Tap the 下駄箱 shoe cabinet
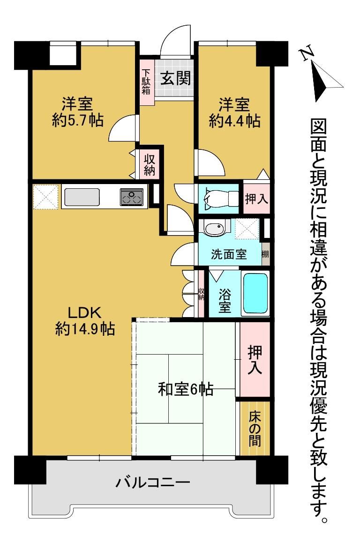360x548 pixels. tap(147, 82)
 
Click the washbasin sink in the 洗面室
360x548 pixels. tap(214, 229)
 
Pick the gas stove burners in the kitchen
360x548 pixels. tap(132, 197)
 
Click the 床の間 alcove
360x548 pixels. tap(255, 429)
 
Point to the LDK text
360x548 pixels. tap(85, 312)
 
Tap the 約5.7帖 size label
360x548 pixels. tap(78, 120)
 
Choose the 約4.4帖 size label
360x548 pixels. tap(234, 121)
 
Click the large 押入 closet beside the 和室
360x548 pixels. tap(255, 359)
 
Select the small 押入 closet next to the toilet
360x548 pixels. tap(256, 198)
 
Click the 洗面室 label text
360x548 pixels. tap(229, 254)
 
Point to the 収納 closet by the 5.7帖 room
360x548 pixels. tap(150, 164)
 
